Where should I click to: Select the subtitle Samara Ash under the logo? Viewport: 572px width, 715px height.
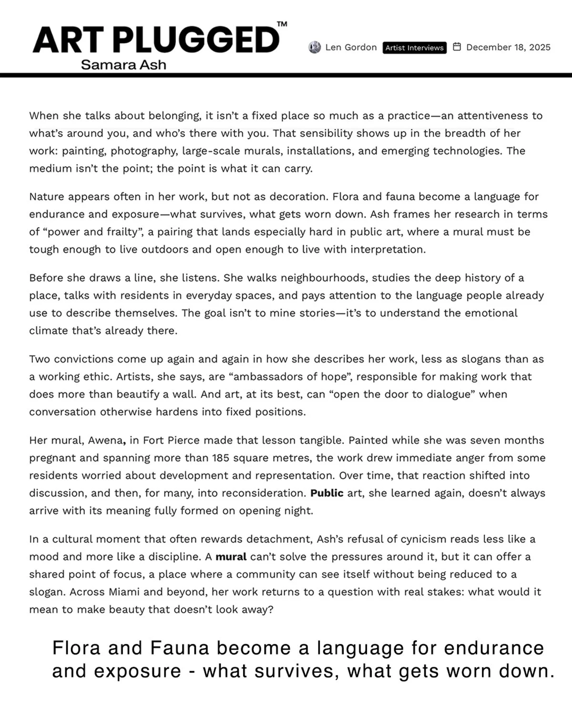click(x=123, y=64)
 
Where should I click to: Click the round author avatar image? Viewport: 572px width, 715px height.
click(x=315, y=47)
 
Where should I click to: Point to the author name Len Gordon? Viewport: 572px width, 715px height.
click(x=351, y=47)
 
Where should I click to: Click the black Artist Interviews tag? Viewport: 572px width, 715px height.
click(x=414, y=48)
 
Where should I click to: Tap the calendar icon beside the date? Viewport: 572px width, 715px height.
click(x=457, y=47)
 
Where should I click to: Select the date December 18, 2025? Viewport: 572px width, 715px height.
click(x=508, y=47)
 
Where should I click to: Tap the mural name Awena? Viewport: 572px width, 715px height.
click(x=106, y=440)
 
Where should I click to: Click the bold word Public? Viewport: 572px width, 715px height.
click(x=327, y=493)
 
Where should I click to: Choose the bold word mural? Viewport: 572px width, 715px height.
click(x=231, y=557)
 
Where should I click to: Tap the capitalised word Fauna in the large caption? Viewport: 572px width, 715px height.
click(x=180, y=648)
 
